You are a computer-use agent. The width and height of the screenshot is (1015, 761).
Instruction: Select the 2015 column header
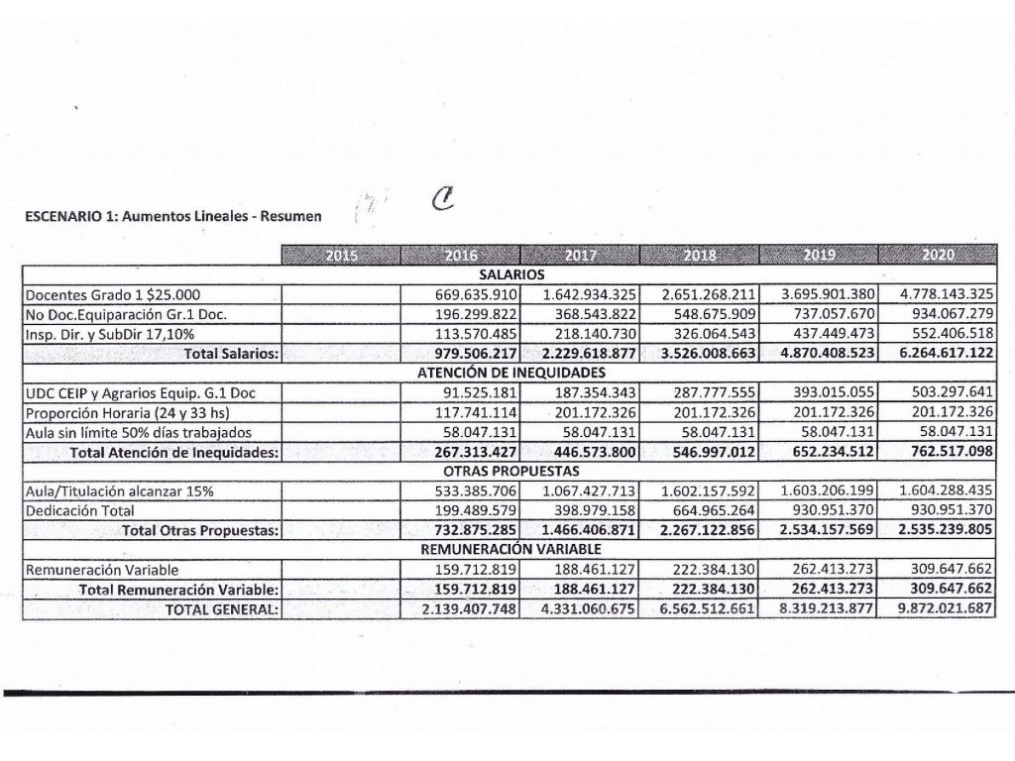point(342,256)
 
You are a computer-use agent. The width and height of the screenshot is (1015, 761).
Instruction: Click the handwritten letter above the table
point(442,204)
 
